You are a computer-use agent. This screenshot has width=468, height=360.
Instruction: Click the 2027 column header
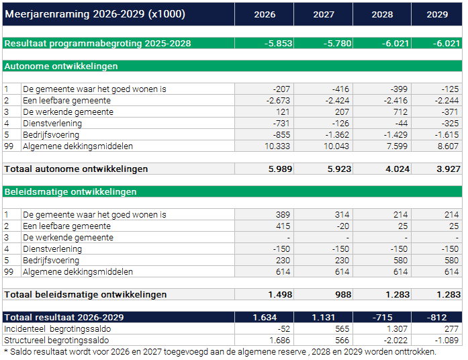pyautogui.click(x=323, y=15)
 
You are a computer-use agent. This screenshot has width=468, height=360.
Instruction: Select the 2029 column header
pyautogui.click(x=437, y=15)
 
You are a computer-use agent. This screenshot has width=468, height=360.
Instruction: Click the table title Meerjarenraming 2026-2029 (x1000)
pyautogui.click(x=95, y=14)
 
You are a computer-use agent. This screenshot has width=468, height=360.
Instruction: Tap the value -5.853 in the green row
pyautogui.click(x=278, y=44)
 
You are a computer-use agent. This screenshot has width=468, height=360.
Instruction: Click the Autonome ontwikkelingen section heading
pyautogui.click(x=61, y=66)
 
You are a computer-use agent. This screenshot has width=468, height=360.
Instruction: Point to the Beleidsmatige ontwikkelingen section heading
pyautogui.click(x=71, y=192)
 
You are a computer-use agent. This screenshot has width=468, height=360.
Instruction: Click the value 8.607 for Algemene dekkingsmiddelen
pyautogui.click(x=447, y=146)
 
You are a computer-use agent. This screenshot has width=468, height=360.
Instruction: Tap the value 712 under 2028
pyautogui.click(x=402, y=112)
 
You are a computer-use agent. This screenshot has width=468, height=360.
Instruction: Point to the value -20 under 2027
pyautogui.click(x=344, y=226)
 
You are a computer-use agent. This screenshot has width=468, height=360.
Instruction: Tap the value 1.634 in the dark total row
pyautogui.click(x=265, y=318)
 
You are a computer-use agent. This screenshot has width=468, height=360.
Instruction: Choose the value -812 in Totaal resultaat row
pyautogui.click(x=436, y=318)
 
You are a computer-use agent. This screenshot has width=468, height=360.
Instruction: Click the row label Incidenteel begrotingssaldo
pyautogui.click(x=58, y=329)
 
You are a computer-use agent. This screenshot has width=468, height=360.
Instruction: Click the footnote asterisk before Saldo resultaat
pyautogui.click(x=6, y=351)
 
